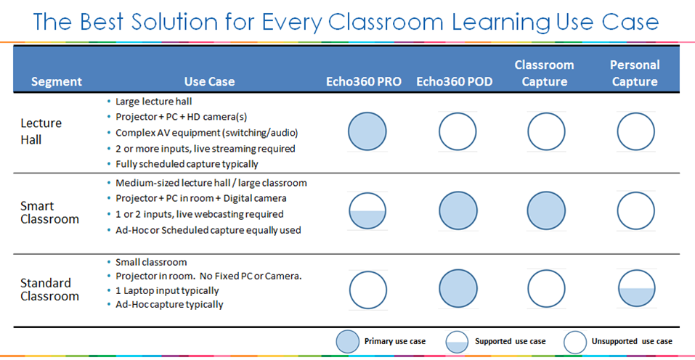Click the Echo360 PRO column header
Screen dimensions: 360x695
pos(363,82)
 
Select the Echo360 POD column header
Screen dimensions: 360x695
pos(455,82)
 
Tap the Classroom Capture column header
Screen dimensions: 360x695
pos(545,73)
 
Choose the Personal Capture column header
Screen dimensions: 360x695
pos(635,73)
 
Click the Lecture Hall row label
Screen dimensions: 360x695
pos(41,131)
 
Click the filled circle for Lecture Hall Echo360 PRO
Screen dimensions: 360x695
pos(367,132)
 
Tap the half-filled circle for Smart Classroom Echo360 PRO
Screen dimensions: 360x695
pos(367,211)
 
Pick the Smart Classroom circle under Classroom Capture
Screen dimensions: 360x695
pos(546,211)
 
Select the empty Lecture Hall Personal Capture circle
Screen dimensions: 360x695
pos(636,132)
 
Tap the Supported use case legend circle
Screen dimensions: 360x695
pos(457,341)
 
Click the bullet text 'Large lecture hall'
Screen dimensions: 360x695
pos(153,101)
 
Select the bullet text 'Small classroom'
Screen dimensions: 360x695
pos(151,262)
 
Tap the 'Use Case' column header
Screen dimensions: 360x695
pos(209,82)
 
